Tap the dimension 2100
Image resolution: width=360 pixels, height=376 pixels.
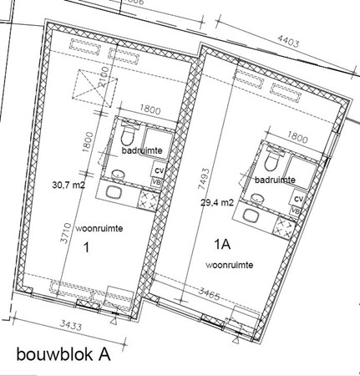(x=104, y=82)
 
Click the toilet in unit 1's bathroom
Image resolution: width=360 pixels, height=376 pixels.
(x=128, y=135)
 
